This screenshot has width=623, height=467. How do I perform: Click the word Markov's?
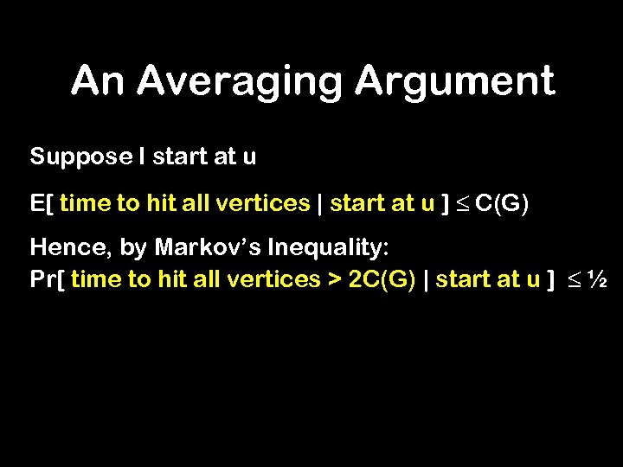209,249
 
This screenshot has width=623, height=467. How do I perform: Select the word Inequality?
330,249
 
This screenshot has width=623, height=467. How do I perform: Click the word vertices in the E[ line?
264,203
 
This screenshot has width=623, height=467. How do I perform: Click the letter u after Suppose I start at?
249,157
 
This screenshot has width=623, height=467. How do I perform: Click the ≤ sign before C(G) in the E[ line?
462,204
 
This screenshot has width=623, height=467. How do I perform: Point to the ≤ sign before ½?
572,280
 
